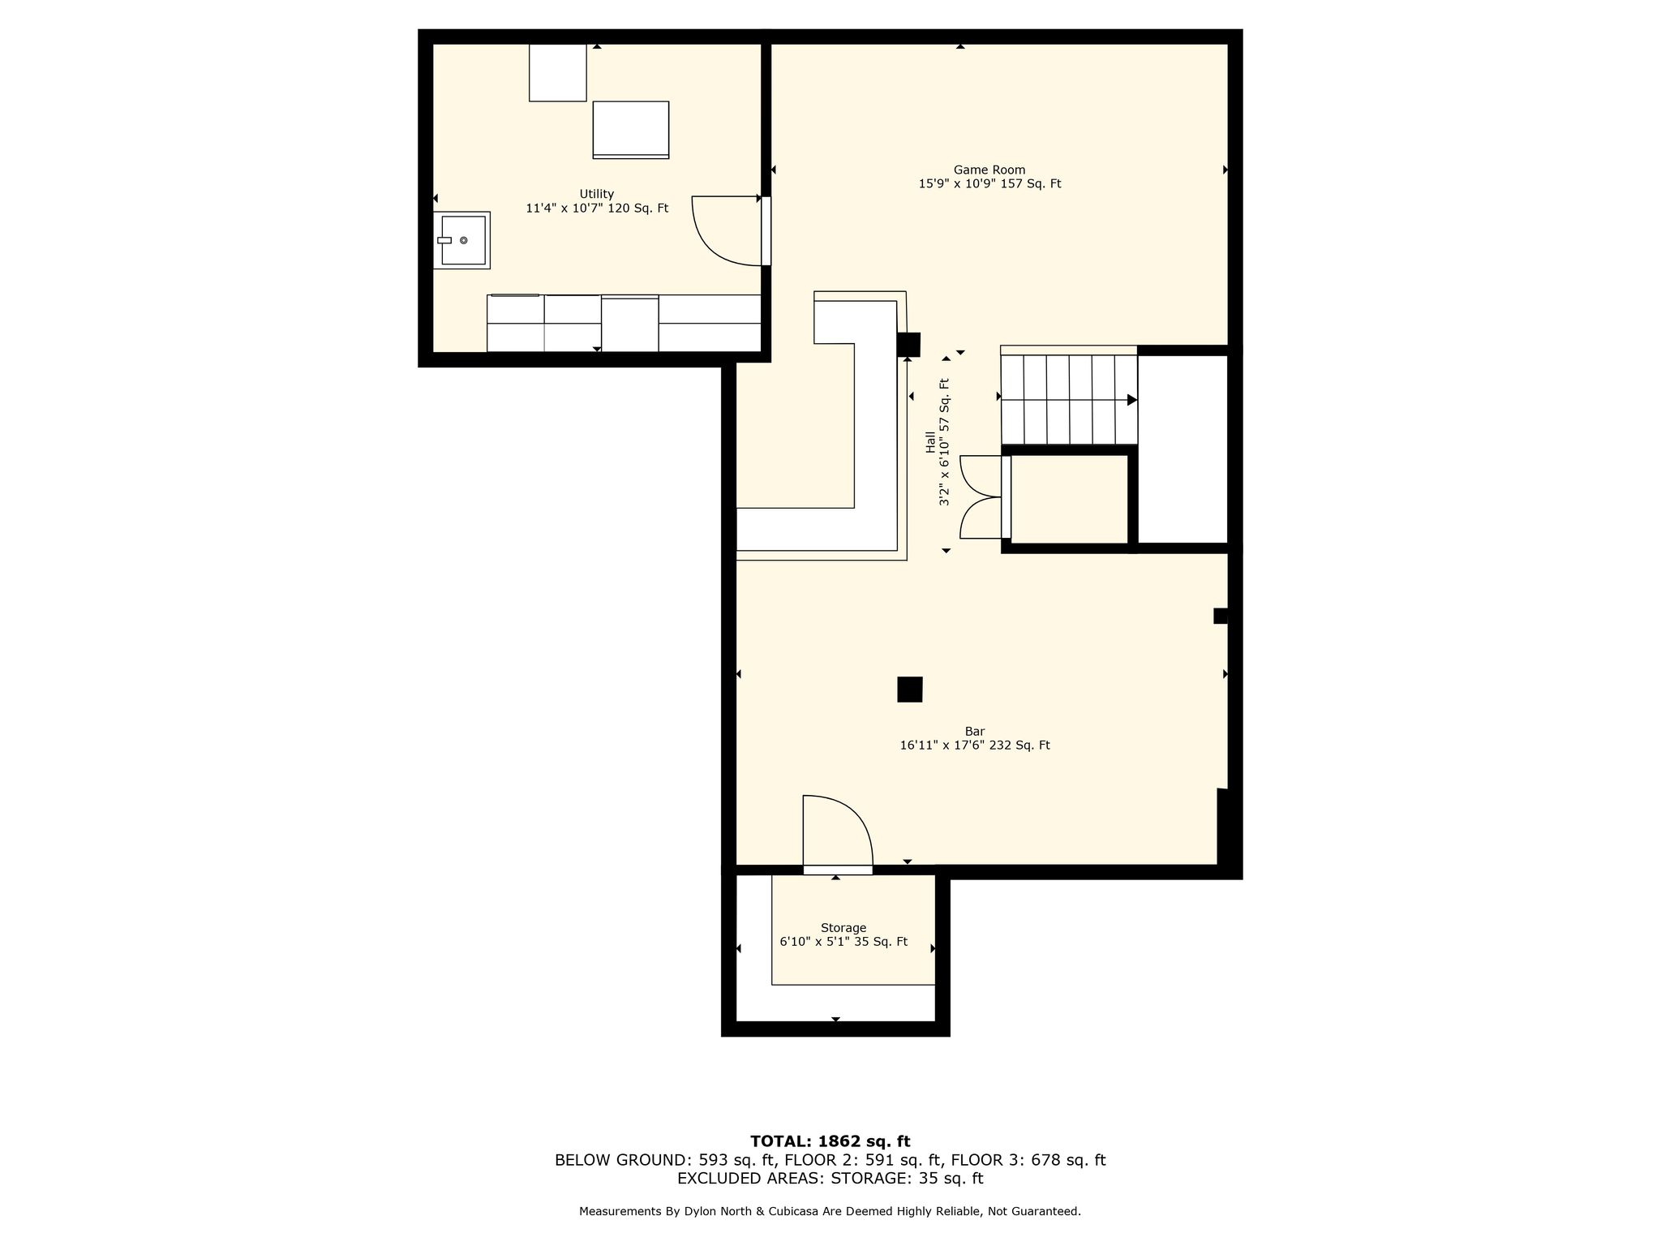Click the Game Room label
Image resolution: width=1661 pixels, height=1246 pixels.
[x=989, y=170]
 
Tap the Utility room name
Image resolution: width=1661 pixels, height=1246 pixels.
[x=596, y=194]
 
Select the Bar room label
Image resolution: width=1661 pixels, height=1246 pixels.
[x=975, y=732]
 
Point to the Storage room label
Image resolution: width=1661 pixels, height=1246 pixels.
[x=843, y=928]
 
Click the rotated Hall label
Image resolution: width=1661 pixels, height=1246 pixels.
[x=930, y=442]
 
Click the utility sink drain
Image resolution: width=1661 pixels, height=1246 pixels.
[x=464, y=240]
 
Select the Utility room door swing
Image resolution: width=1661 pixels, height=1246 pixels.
[x=726, y=231]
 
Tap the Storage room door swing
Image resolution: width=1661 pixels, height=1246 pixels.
[x=838, y=831]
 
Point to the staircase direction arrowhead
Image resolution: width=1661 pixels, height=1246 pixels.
[x=1132, y=400]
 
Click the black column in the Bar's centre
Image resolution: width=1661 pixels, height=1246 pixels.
[x=910, y=690]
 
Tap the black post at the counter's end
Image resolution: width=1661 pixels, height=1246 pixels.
[x=908, y=345]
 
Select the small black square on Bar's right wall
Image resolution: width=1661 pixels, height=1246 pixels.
[x=1221, y=617]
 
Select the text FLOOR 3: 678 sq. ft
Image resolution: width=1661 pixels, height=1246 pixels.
[x=1028, y=1160]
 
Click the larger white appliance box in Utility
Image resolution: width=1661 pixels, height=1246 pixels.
[x=631, y=130]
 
